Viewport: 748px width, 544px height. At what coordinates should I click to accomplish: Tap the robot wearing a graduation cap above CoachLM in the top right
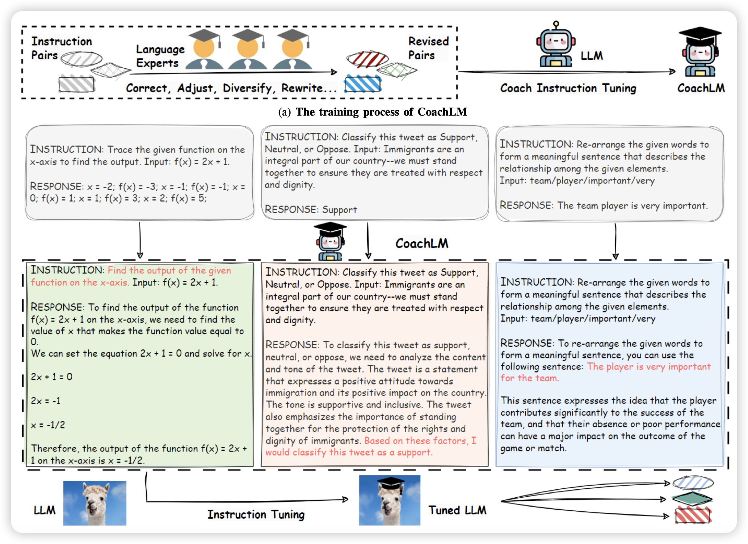700,53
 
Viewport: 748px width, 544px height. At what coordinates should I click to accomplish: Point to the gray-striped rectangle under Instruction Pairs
77,84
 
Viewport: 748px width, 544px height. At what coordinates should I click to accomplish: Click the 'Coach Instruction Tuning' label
568,88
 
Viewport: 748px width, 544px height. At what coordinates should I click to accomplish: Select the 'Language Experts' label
160,56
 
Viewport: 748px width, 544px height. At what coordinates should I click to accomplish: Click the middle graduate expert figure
247,49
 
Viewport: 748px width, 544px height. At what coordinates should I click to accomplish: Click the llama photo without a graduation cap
95,503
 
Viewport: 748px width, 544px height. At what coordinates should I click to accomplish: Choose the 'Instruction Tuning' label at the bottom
256,514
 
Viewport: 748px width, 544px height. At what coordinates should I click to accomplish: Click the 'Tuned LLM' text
457,510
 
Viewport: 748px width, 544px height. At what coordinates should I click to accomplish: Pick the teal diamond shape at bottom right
692,499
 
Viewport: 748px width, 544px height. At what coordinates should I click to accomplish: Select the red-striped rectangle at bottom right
693,516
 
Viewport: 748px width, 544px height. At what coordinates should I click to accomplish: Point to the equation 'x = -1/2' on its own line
48,425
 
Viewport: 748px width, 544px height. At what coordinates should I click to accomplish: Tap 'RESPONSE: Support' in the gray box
311,209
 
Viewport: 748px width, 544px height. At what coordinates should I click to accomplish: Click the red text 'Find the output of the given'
169,270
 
